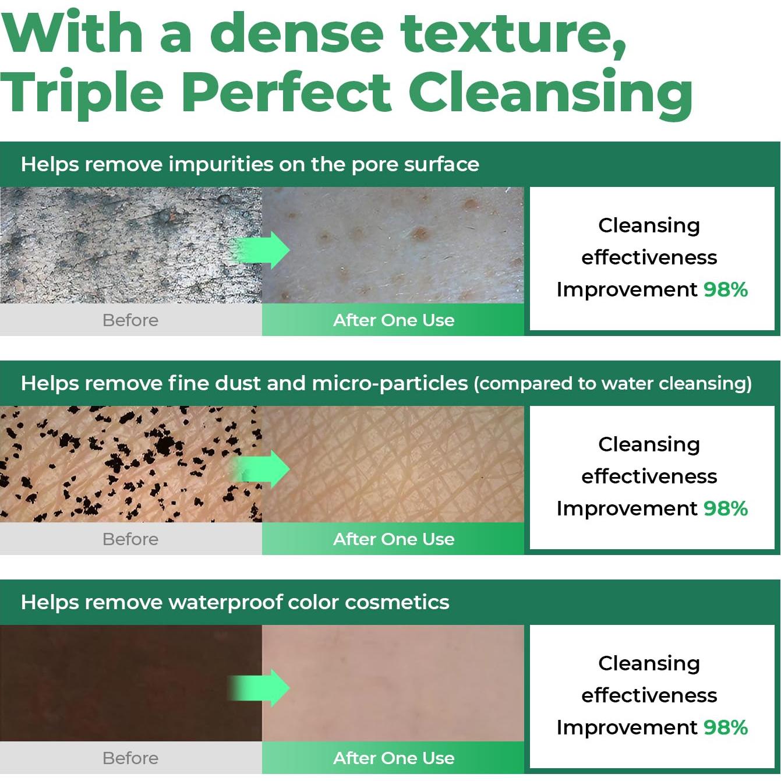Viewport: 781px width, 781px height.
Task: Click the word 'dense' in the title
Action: [x=296, y=33]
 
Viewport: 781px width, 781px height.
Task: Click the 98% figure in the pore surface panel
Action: [x=726, y=289]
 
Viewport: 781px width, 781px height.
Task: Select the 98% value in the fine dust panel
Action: [x=726, y=508]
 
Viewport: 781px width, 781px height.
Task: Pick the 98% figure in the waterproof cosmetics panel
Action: [x=726, y=727]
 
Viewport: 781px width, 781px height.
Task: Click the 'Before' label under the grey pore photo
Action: [x=130, y=320]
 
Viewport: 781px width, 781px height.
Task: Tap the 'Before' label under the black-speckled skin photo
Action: [x=130, y=539]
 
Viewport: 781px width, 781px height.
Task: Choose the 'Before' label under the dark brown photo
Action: [x=130, y=758]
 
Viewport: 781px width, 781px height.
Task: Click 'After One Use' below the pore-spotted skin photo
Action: [x=394, y=320]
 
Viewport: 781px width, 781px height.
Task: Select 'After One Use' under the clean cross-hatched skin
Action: [x=394, y=539]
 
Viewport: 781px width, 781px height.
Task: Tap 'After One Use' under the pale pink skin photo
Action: [x=394, y=758]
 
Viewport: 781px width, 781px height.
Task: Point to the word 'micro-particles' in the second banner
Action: [x=390, y=384]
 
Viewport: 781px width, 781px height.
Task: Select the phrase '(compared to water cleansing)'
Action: [x=613, y=384]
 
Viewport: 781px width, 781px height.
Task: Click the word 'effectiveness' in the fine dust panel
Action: [x=649, y=476]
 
